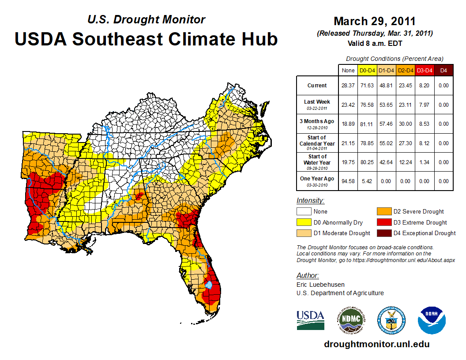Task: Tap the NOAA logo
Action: click(x=432, y=320)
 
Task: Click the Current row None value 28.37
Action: click(x=348, y=86)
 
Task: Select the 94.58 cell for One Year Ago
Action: click(x=348, y=181)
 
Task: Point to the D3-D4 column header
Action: click(x=425, y=70)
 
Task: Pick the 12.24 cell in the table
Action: click(x=406, y=162)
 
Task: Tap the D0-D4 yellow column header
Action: click(x=367, y=70)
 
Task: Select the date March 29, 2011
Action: click(x=375, y=21)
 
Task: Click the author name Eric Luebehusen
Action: click(x=320, y=285)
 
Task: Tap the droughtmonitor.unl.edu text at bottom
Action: click(x=376, y=344)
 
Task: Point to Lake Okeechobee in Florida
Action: click(x=209, y=285)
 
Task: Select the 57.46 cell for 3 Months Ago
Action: click(x=387, y=124)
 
